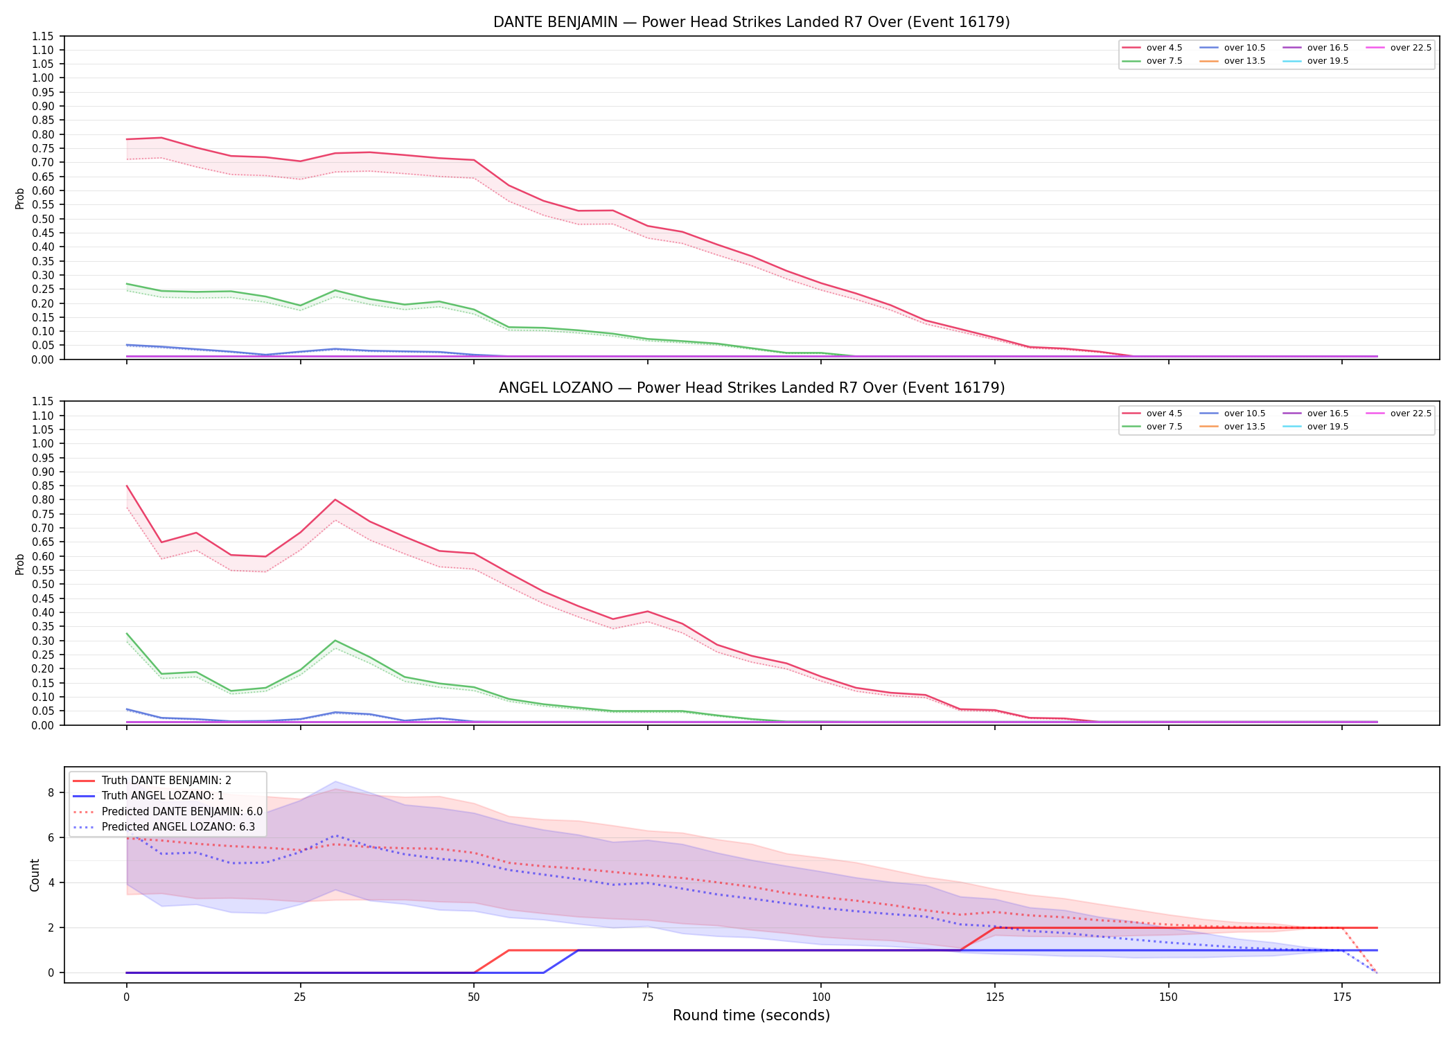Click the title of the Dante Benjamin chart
point(751,22)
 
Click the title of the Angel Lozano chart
point(751,388)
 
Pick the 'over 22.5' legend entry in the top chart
point(1398,48)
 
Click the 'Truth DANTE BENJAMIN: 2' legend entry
point(152,781)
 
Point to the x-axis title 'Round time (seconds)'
point(751,1015)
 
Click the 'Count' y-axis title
point(35,875)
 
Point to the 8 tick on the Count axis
point(51,792)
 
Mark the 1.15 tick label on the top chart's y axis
point(43,36)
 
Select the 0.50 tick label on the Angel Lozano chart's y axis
point(43,584)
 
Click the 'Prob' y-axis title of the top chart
point(20,198)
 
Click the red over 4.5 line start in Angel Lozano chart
point(127,486)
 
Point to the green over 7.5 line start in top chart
point(127,284)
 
